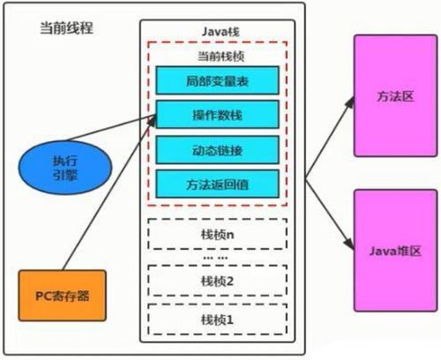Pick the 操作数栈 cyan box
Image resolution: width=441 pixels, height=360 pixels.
[x=217, y=116]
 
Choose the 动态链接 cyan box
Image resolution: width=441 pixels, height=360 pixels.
[x=217, y=150]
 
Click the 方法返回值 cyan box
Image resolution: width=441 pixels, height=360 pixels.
[x=217, y=184]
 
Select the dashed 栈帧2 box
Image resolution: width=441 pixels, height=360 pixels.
[x=215, y=280]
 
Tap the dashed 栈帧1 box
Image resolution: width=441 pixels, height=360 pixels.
[x=215, y=317]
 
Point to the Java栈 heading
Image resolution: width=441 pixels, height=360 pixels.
[x=216, y=31]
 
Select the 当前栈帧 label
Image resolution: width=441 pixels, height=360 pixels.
[x=216, y=56]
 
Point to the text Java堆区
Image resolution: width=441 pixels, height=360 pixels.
[x=389, y=251]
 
